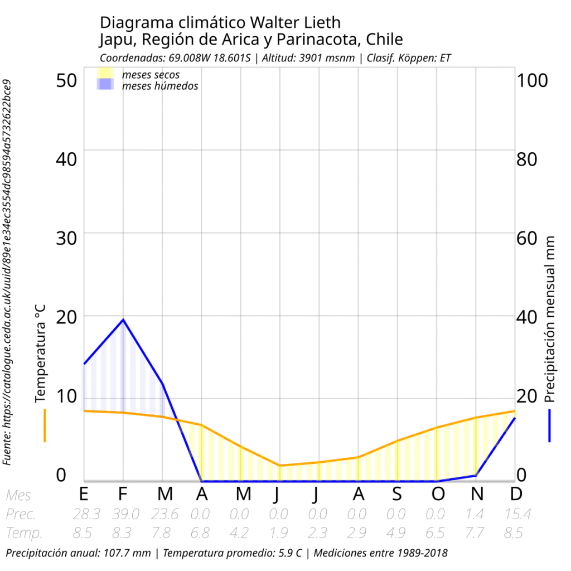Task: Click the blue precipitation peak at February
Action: click(x=123, y=320)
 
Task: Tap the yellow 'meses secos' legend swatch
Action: click(x=105, y=73)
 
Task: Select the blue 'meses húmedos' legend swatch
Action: click(x=105, y=85)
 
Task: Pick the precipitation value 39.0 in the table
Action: click(x=122, y=514)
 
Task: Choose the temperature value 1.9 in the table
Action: click(x=278, y=533)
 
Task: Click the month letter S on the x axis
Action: click(x=396, y=494)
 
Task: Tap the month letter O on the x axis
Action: click(x=438, y=494)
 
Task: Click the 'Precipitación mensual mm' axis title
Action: click(x=550, y=318)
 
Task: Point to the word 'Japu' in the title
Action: click(x=115, y=40)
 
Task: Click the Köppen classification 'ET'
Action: click(x=445, y=58)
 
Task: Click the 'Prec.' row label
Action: click(x=21, y=514)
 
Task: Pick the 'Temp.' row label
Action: click(x=25, y=533)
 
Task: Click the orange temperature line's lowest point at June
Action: click(x=279, y=465)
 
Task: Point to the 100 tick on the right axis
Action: click(x=533, y=80)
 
